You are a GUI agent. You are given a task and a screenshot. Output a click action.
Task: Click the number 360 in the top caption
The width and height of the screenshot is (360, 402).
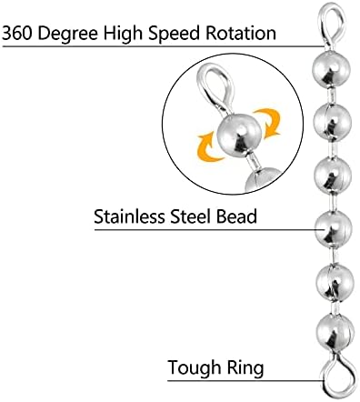pyautogui.click(x=18, y=33)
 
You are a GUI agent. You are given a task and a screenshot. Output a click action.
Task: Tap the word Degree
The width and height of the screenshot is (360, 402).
pyautogui.click(x=68, y=34)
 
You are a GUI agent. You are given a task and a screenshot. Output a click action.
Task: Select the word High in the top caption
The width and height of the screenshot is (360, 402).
pyautogui.click(x=123, y=33)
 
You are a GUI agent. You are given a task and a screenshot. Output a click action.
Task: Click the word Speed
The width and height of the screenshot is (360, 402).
pyautogui.click(x=174, y=34)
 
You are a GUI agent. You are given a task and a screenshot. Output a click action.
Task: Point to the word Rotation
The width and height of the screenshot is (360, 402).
pyautogui.click(x=241, y=33)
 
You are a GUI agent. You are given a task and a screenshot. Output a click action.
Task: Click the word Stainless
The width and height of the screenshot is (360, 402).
pyautogui.click(x=130, y=216)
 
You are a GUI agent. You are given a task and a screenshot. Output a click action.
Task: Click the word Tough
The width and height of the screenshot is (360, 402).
pyautogui.click(x=195, y=368)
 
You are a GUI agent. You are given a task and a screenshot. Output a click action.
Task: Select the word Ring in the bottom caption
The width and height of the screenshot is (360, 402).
pyautogui.click(x=245, y=368)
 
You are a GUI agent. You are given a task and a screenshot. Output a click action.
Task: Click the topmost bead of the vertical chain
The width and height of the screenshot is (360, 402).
pyautogui.click(x=331, y=69)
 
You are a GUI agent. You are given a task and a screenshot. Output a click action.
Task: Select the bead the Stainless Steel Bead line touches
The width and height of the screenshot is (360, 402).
pyautogui.click(x=333, y=230)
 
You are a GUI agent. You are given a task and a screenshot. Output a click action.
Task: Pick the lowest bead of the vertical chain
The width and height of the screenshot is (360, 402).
pyautogui.click(x=335, y=334)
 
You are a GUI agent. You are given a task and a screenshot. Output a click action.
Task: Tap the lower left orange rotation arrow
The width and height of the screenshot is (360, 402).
pyautogui.click(x=206, y=148)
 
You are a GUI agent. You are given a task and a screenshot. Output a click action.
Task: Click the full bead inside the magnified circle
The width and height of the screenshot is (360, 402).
pyautogui.click(x=239, y=135)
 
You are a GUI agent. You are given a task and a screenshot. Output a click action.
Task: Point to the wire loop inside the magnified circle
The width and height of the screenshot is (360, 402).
pyautogui.click(x=204, y=88)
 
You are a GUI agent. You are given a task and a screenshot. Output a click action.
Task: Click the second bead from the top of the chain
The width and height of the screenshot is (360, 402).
pyautogui.click(x=332, y=122)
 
